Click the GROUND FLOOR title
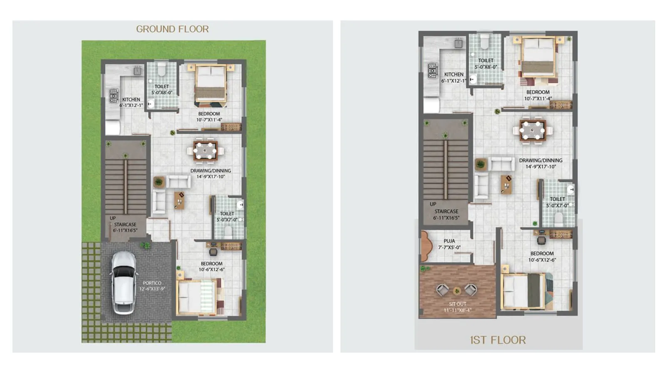coord(172,29)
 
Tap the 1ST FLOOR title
coord(498,340)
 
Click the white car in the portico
coord(124,282)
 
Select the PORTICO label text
coord(152,283)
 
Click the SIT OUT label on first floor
coord(457,304)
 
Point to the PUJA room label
coord(449,241)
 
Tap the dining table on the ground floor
coord(205,151)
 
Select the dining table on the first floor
coord(532,131)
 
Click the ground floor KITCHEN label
coord(131,99)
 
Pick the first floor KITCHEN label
coord(454,74)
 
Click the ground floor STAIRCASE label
coord(125,225)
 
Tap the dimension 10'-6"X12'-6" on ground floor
coord(211,269)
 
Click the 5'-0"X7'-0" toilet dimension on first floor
coord(557,205)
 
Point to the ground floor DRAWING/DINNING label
coord(211,170)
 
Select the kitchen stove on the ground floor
coord(114,96)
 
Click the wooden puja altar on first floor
coord(425,246)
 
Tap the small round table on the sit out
coord(457,291)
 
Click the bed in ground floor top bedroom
coord(211,86)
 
